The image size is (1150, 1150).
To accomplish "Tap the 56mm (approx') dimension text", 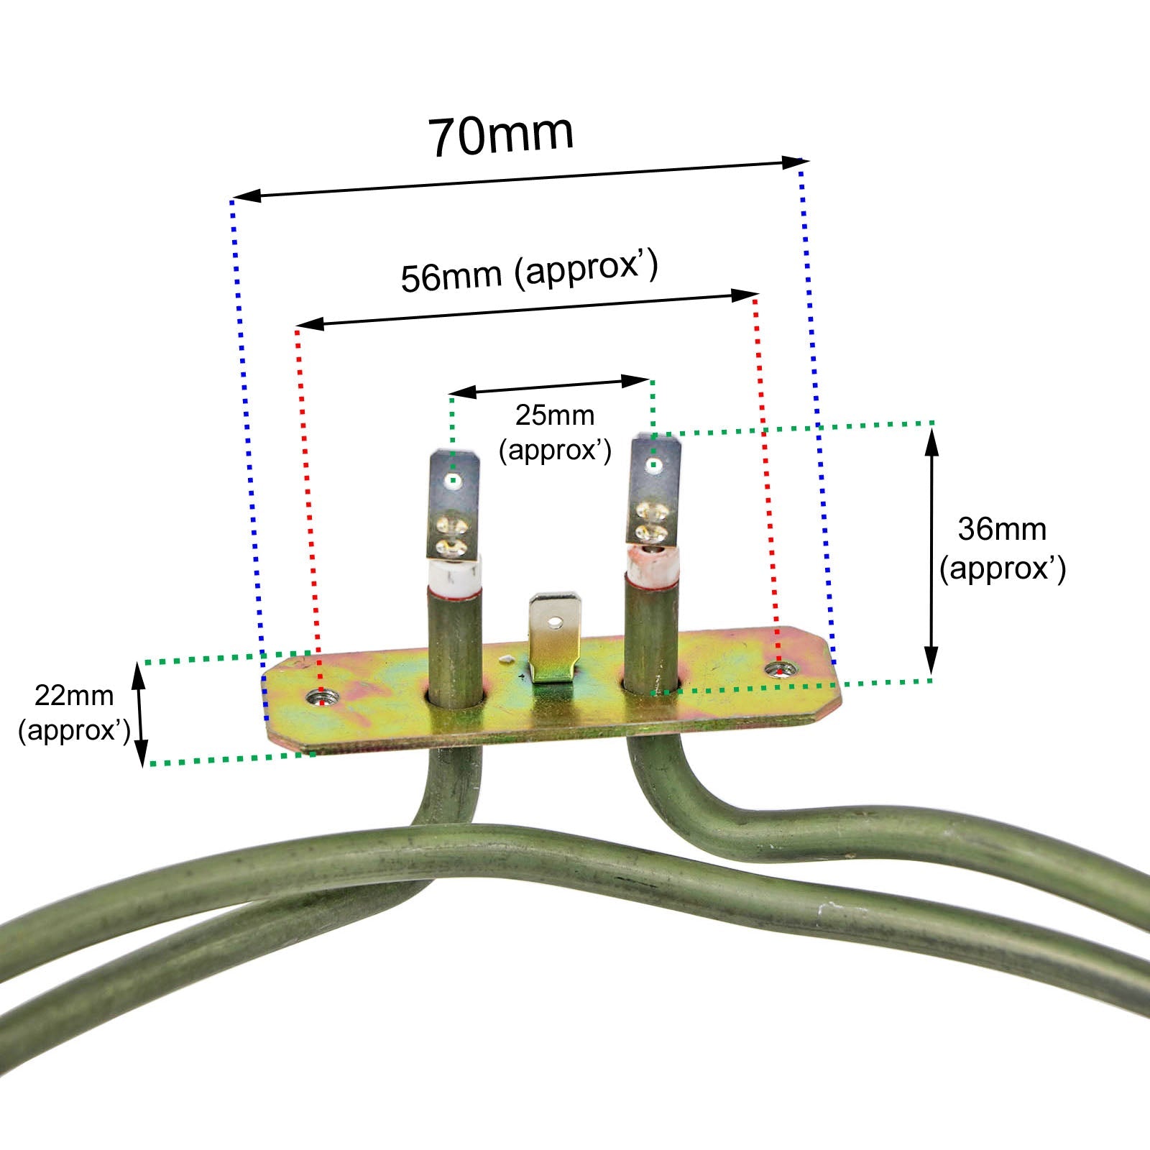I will pyautogui.click(x=529, y=273).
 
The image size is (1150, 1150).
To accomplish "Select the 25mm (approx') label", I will pyautogui.click(x=555, y=433).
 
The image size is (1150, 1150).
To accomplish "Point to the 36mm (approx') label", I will pyautogui.click(x=1003, y=548).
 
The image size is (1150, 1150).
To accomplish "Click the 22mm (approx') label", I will pyautogui.click(x=74, y=712).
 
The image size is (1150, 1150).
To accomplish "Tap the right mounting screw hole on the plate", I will pyautogui.click(x=776, y=670).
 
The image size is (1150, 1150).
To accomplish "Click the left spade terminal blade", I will pyautogui.click(x=454, y=503).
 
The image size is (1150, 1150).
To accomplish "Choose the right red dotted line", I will pyautogui.click(x=765, y=467).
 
